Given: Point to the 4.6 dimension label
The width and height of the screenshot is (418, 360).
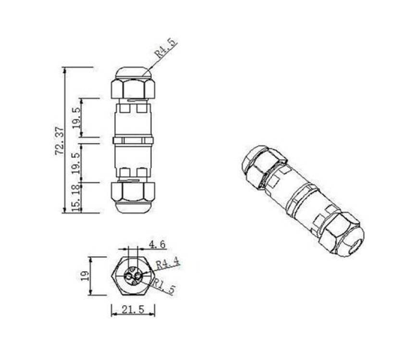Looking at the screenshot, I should point(157,244).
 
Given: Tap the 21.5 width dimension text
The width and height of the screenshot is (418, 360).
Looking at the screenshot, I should point(133,310).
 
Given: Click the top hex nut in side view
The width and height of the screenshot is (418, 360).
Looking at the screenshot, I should point(133,89).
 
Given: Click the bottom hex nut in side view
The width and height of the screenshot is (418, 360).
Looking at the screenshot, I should point(133,191).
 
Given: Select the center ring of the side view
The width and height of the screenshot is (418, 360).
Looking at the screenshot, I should point(133,140).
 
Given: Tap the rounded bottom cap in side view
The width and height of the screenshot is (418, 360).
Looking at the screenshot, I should point(133,207).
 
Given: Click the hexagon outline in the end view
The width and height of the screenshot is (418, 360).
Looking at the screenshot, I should point(116,276).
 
